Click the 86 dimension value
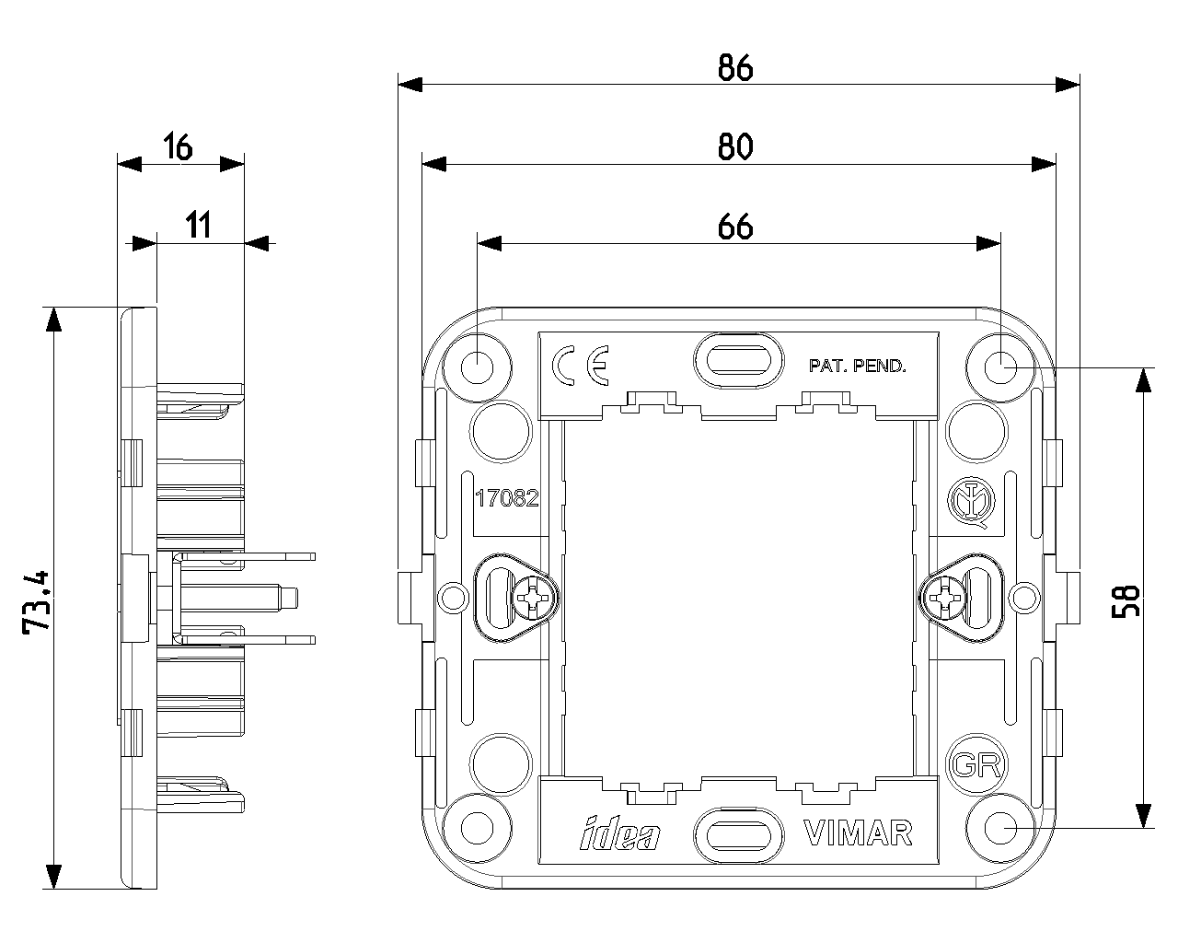coord(735,68)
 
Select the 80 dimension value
coord(735,146)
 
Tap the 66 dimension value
coord(735,227)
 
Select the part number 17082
coord(506,499)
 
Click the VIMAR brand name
coord(859,832)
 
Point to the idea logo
coord(620,833)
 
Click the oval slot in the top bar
coord(739,359)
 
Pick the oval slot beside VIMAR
coord(739,832)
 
